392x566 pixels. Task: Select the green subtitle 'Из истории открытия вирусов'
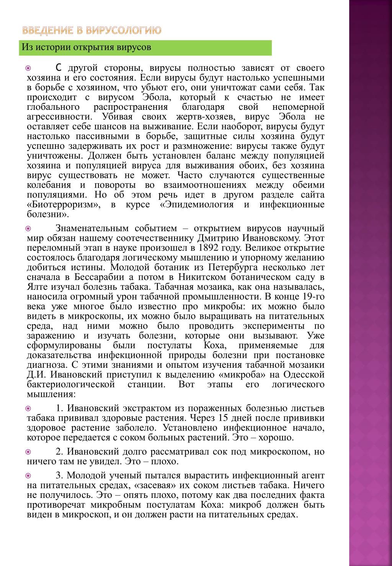87,47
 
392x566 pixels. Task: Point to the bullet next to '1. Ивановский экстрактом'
28,408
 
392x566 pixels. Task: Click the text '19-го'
313,297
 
